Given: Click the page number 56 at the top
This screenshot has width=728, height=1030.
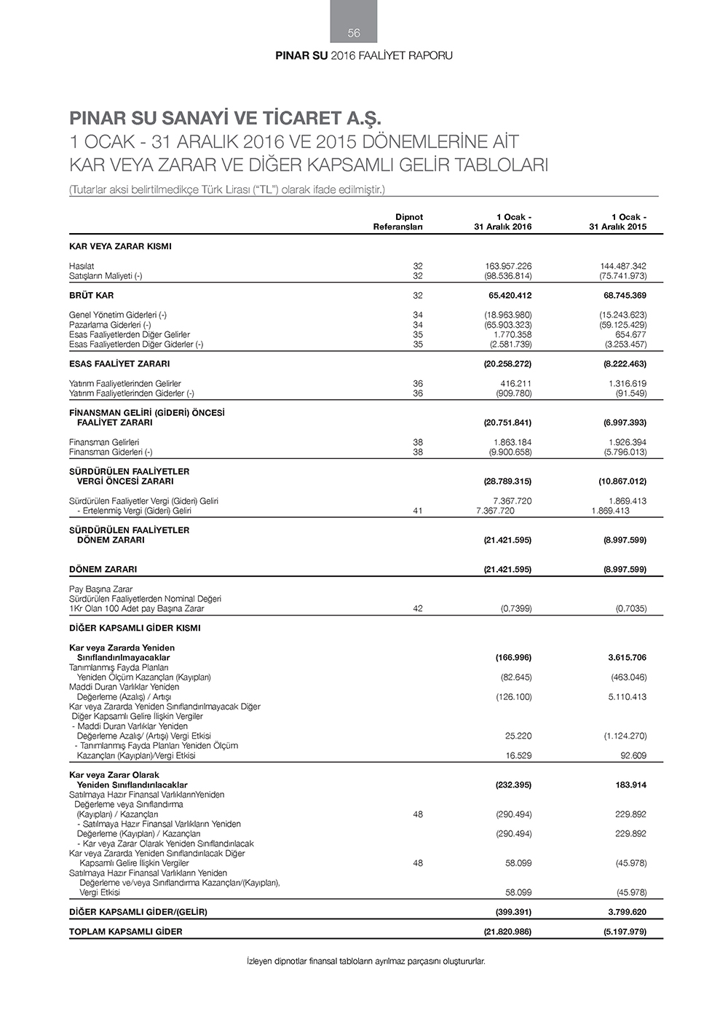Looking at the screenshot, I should click(354, 33).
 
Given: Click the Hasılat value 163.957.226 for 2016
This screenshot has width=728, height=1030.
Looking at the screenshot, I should click(508, 267).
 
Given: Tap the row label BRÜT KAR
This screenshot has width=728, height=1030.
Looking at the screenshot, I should click(92, 296).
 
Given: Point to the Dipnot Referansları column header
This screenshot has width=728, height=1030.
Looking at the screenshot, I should click(398, 222).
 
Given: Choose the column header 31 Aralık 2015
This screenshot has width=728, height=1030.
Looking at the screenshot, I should click(618, 227).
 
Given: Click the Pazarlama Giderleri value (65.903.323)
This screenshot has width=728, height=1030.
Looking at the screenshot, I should click(508, 325).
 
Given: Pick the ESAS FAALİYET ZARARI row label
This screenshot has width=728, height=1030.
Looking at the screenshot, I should click(119, 364).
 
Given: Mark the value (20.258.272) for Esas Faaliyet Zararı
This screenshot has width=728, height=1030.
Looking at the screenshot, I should click(508, 364).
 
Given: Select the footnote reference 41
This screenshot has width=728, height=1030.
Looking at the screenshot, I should click(418, 511).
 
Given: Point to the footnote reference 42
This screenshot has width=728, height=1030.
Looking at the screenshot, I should click(418, 609).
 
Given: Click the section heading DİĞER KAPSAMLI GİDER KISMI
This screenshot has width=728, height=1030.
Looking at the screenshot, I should click(135, 628).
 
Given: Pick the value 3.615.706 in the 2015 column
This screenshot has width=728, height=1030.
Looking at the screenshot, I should click(623, 658).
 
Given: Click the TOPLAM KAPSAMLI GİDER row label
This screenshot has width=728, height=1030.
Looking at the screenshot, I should click(126, 932).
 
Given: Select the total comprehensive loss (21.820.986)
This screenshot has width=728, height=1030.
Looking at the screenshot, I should click(508, 932).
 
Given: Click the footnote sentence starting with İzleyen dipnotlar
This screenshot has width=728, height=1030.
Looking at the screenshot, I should click(366, 962).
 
